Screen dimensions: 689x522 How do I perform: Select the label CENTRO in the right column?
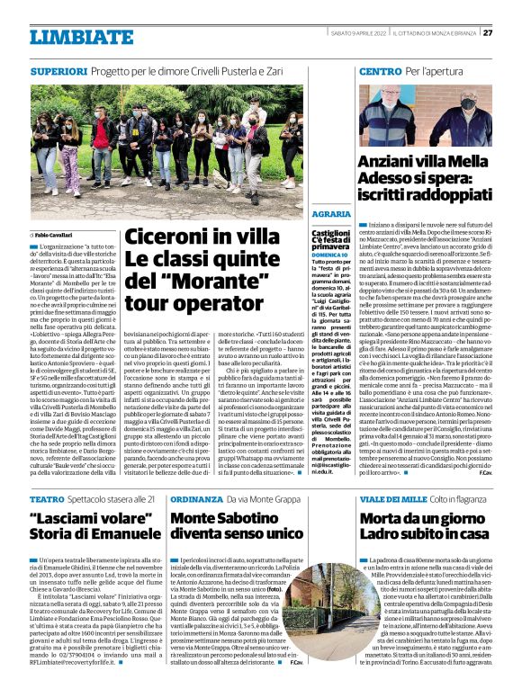coord(355,70)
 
